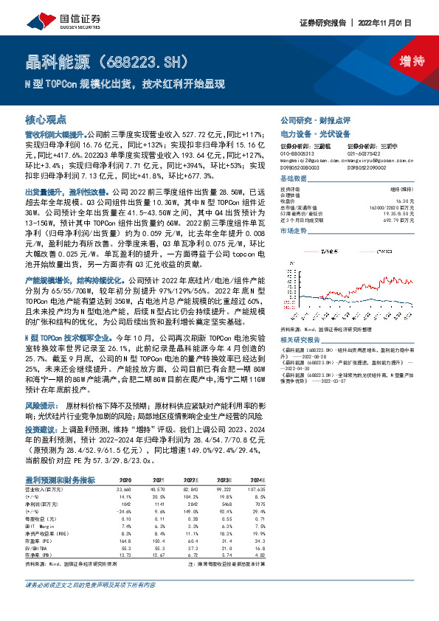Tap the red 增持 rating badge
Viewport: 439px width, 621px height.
pos(402,62)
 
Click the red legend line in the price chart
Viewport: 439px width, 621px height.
pos(325,244)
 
